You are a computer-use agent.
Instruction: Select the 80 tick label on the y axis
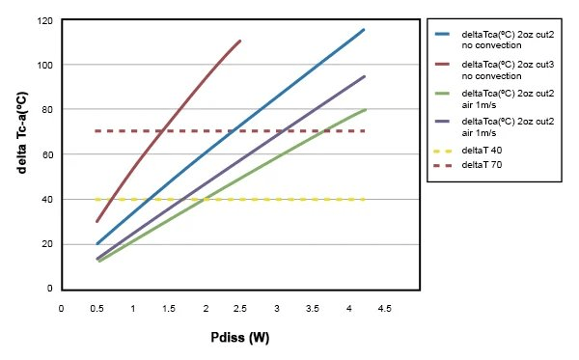pos(44,109)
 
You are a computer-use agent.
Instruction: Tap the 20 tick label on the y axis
pos(44,243)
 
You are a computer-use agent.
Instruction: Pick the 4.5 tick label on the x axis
pos(383,308)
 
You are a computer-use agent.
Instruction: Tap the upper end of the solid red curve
pos(240,41)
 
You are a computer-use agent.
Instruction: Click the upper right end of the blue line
pos(364,29)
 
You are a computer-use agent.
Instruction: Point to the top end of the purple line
pos(364,76)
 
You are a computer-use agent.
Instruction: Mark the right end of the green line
pos(365,109)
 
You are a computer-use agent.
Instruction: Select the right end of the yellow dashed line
pos(364,199)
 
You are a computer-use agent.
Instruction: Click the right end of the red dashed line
pos(364,130)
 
